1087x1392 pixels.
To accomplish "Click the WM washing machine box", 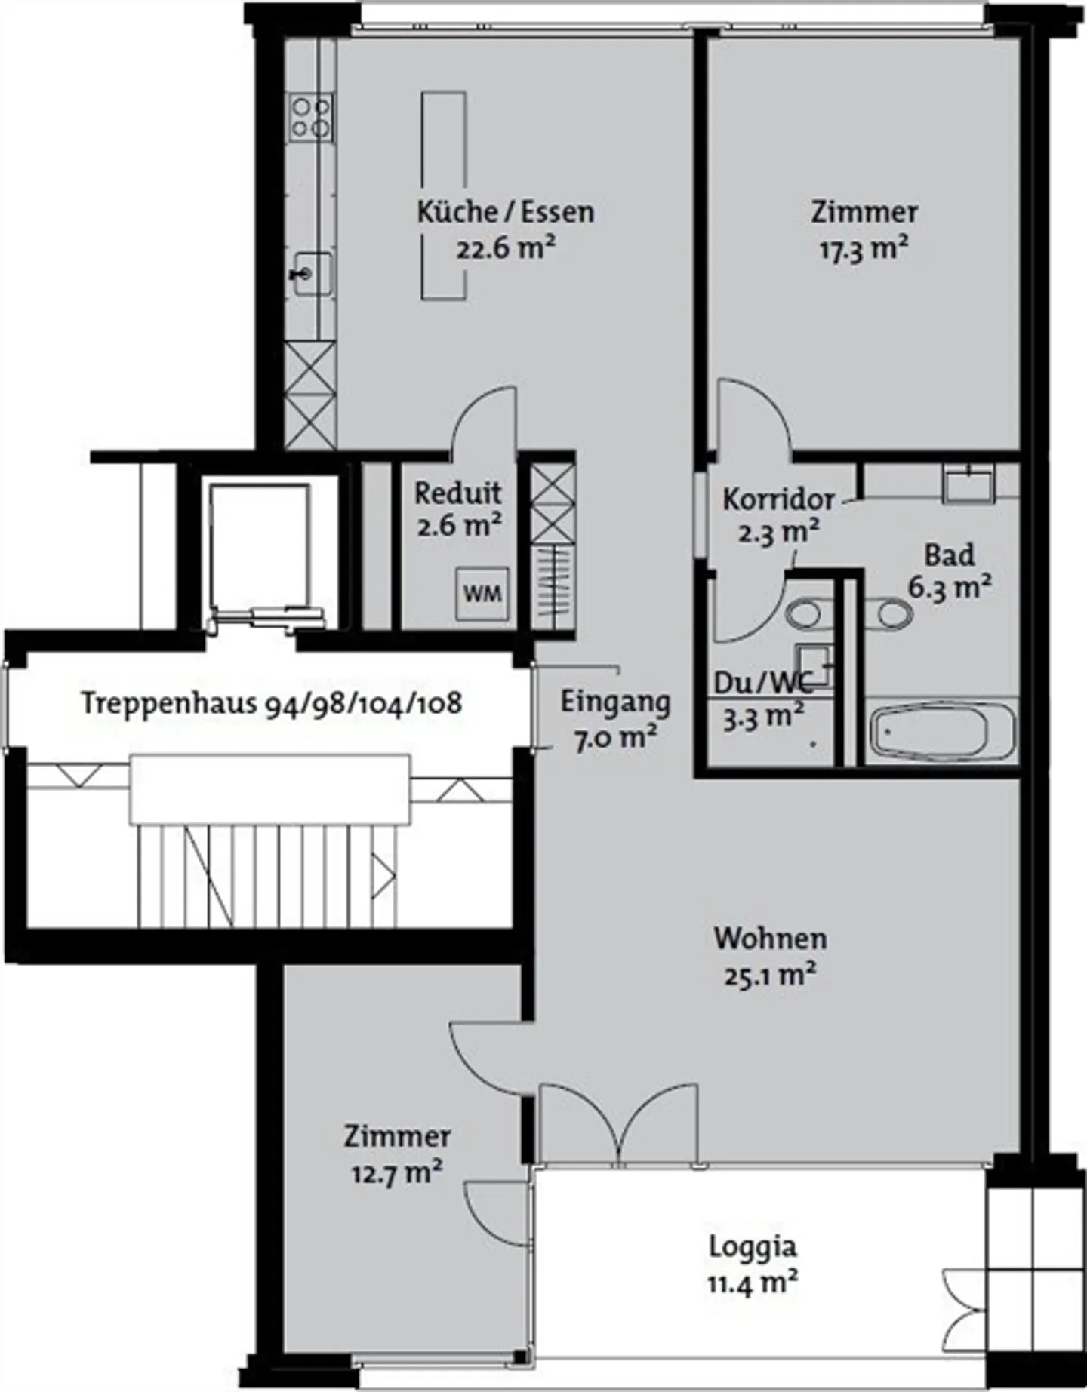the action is [482, 593].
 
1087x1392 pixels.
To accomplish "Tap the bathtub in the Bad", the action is [941, 732].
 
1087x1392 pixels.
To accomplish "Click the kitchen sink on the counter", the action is [311, 274].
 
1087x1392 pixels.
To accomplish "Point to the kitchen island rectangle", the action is [443, 195].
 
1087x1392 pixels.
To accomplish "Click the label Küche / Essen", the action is [506, 212].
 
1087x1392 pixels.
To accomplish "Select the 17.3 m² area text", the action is [864, 248].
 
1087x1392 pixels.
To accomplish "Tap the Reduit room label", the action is [458, 493].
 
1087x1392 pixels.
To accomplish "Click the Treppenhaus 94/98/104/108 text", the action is [272, 703].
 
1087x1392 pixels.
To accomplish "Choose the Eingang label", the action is [615, 702].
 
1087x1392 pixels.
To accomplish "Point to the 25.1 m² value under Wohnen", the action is [770, 975].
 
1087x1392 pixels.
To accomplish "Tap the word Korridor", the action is [779, 499].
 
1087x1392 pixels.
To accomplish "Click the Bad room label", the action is [950, 555].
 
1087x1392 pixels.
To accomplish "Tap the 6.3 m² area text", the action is [950, 587].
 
